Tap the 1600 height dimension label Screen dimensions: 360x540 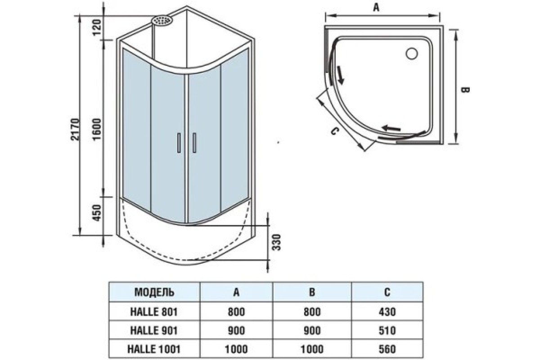tap(99, 130)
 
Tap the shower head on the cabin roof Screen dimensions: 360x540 tap(162, 21)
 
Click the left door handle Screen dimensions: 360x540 tap(179, 143)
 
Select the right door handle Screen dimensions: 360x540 tap(195, 143)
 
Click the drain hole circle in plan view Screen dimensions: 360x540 tap(412, 54)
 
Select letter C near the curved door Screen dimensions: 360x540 tap(334, 131)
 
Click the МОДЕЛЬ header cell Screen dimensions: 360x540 tap(154, 292)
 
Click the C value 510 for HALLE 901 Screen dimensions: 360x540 tap(387, 330)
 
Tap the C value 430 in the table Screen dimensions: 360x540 tap(387, 311)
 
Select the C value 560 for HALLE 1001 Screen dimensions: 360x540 tap(387, 349)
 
